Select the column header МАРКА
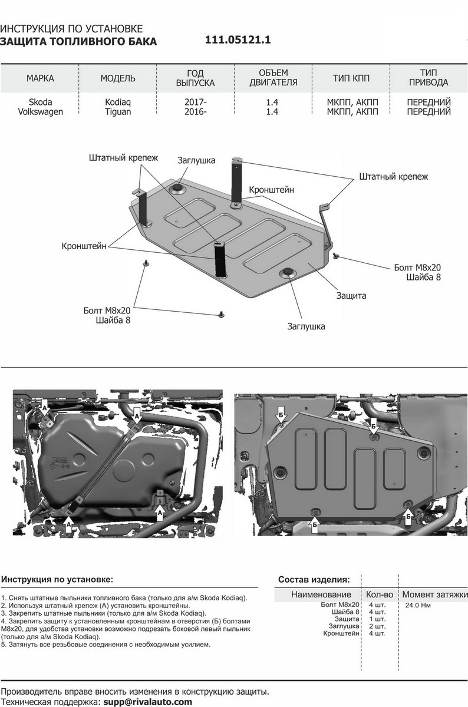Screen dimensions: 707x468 tap(41, 78)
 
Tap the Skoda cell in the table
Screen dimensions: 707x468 tap(40, 102)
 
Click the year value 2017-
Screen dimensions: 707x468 tap(196, 102)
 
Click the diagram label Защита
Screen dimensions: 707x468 tap(351, 295)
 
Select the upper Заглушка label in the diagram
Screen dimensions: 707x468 tap(196, 160)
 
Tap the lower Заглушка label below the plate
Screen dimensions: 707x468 tap(306, 325)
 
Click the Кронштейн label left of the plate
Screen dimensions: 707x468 tap(84, 246)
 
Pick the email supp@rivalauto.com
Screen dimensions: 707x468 tap(147, 702)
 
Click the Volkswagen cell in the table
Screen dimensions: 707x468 tap(40, 111)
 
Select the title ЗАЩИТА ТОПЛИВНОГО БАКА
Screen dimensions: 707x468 tap(79, 41)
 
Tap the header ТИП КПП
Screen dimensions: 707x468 tap(352, 78)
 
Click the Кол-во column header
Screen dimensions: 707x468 tap(379, 594)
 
